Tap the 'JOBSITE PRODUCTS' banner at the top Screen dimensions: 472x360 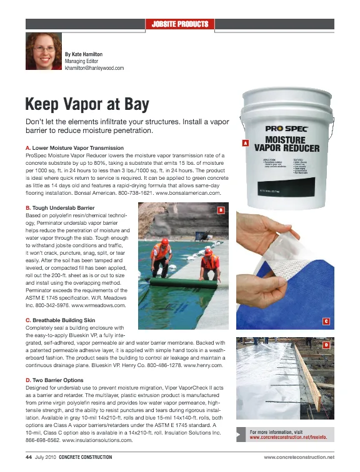180,24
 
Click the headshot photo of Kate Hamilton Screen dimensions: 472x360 42,51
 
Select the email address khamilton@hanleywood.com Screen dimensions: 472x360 94,68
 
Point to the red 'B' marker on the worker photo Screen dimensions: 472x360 220,210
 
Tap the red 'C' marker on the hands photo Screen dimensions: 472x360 326,322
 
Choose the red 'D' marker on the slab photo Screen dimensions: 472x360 326,345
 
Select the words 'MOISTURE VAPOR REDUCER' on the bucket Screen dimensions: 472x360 287,145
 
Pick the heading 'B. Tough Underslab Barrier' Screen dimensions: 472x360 60,207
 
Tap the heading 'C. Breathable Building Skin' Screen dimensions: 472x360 62,320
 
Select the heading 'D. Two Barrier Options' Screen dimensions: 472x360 57,379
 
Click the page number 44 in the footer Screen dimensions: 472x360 29,457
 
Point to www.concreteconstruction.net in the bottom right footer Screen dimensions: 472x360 299,458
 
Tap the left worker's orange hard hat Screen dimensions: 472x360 164,240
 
